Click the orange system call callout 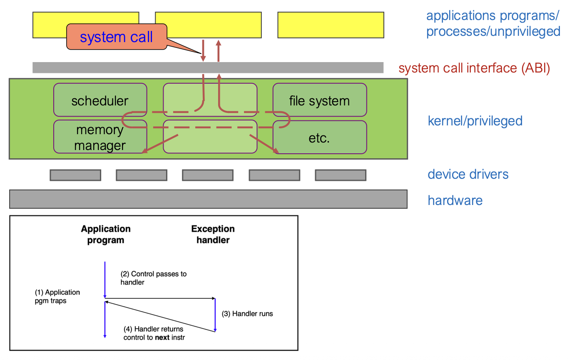coord(116,37)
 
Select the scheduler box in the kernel coord(100,100)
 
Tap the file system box coord(319,100)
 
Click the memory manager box coord(100,137)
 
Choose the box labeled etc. coord(319,137)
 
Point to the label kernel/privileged coord(475,121)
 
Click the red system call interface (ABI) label coord(474,68)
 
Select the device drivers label coord(468,174)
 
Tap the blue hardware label coord(455,200)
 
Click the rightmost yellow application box coord(331,25)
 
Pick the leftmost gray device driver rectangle coord(75,175)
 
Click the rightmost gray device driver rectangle coord(341,175)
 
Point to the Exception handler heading coord(213,234)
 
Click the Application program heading coord(106,234)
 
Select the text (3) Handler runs coord(247,313)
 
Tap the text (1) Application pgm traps coord(57,296)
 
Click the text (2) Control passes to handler coord(153,278)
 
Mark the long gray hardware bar coord(208,199)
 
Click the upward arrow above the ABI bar coord(218,51)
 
